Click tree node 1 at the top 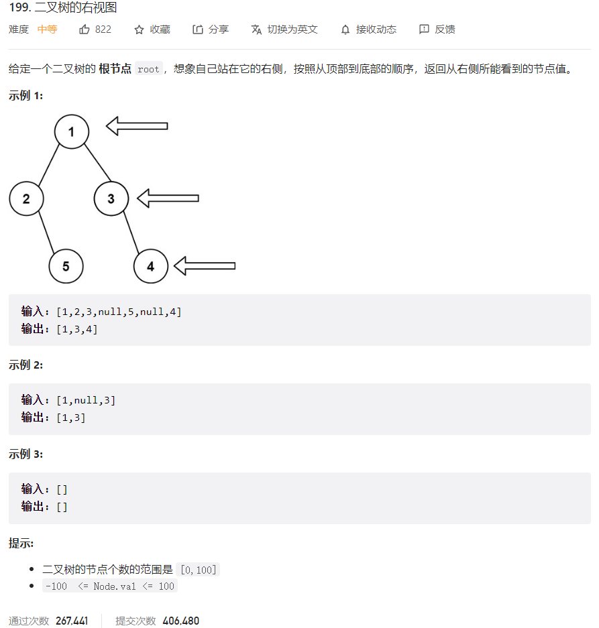[x=72, y=131]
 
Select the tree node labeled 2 [x=26, y=198]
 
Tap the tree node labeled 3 [x=111, y=198]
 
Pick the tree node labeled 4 [x=150, y=266]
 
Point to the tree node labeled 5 [x=66, y=266]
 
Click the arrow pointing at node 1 [x=137, y=125]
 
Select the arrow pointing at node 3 [x=168, y=197]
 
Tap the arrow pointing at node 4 [x=205, y=266]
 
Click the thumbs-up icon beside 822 [x=85, y=29]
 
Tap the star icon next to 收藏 [x=140, y=29]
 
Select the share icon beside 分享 [x=198, y=29]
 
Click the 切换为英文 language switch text [x=292, y=29]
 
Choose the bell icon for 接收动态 [x=345, y=29]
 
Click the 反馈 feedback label [x=445, y=29]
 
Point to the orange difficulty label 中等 [x=47, y=29]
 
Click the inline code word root [x=148, y=69]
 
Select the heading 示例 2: [x=25, y=365]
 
